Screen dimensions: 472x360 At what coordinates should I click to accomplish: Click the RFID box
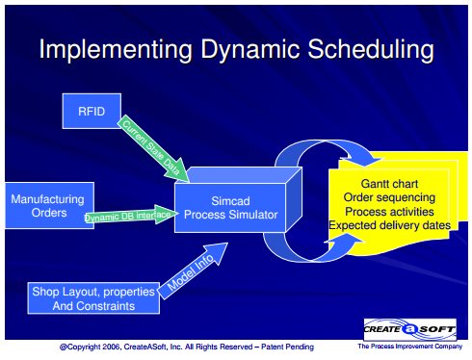pos(92,111)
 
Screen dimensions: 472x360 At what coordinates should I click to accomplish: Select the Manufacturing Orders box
pos(49,205)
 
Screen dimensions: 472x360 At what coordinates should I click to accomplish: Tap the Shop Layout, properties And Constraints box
pos(93,298)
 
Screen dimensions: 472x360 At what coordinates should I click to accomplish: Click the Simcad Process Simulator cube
pos(238,199)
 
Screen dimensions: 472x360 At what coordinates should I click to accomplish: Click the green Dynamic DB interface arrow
pos(131,216)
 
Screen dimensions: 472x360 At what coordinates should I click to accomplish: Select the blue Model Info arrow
pos(193,270)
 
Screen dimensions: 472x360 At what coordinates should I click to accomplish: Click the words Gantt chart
pos(389,184)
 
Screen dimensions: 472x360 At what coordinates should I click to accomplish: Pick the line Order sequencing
pos(389,197)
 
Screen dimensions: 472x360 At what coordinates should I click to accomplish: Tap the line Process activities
pos(389,212)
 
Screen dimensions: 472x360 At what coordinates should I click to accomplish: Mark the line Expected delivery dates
pos(389,225)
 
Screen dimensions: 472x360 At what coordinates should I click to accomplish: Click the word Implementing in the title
pos(116,50)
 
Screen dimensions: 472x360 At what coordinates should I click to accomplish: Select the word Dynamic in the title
pos(250,50)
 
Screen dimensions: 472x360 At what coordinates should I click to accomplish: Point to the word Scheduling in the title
pos(371,50)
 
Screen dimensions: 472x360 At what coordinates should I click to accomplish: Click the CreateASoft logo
pos(409,329)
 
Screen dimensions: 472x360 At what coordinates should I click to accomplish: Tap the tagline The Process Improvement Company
pos(410,347)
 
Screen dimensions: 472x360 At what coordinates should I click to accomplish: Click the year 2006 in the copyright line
pos(112,347)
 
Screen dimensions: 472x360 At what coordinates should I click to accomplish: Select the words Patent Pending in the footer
pos(287,347)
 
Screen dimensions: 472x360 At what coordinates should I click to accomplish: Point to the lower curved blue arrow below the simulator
pos(308,257)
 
